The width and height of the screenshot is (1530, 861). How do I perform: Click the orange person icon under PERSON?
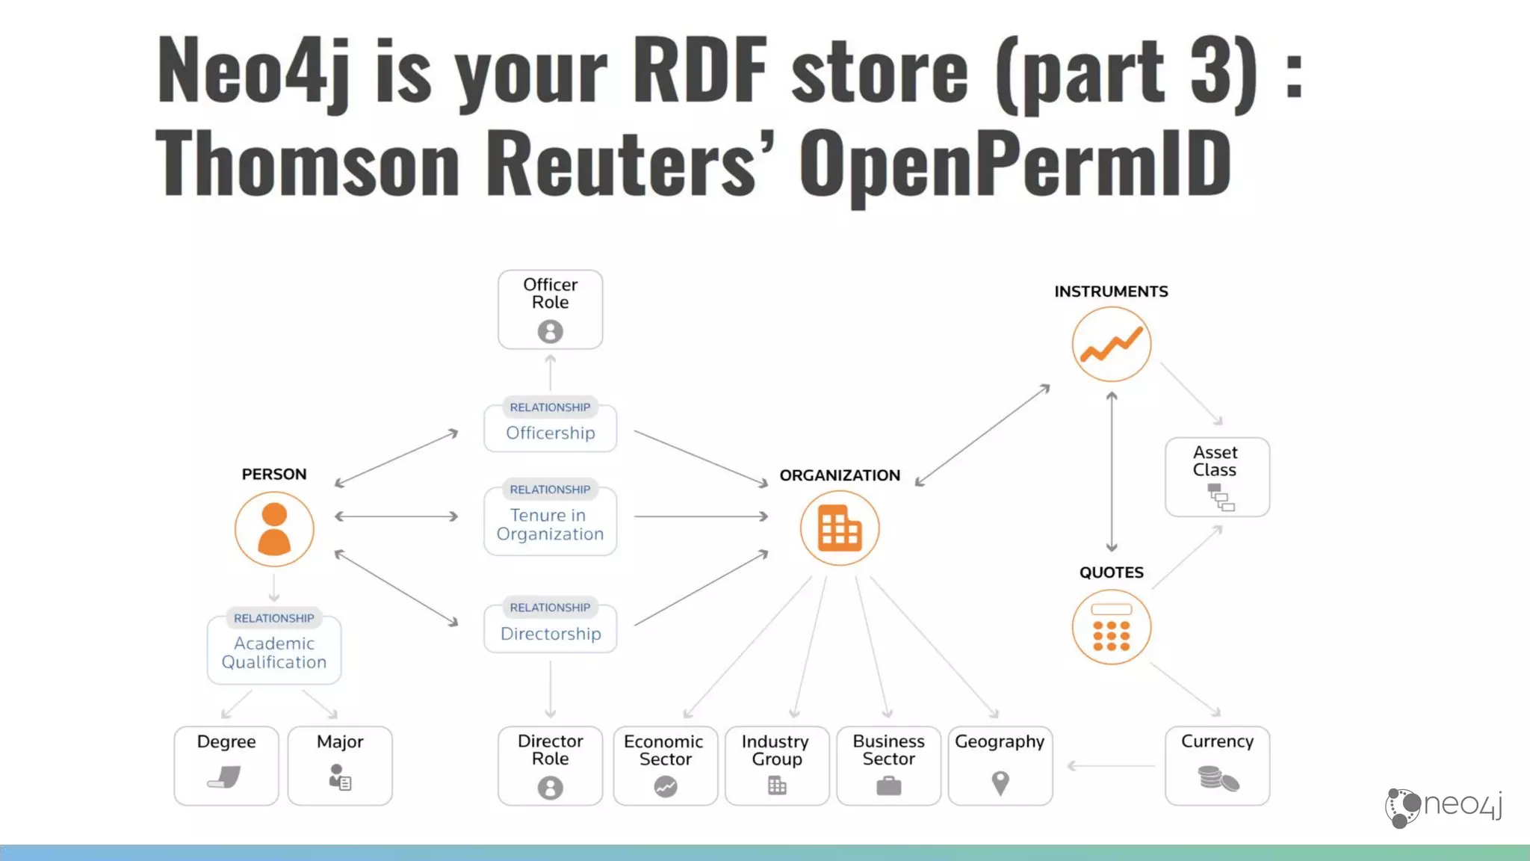point(274,529)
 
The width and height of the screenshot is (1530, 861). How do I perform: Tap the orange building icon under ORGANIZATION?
point(840,528)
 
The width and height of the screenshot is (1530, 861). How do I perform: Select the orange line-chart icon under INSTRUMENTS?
point(1112,345)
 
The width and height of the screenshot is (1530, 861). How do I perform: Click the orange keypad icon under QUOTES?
point(1112,628)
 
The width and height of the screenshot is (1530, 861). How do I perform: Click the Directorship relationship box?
point(551,628)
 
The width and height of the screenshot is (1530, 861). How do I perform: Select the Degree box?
point(226,765)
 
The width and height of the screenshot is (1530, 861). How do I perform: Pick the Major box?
point(340,765)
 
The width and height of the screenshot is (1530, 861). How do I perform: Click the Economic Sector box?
point(665,765)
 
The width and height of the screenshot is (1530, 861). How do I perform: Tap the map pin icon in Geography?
point(1000,783)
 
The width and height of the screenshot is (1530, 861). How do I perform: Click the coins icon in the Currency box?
point(1218,779)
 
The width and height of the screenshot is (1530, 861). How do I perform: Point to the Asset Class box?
point(1217,477)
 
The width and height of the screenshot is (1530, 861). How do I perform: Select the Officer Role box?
point(551,309)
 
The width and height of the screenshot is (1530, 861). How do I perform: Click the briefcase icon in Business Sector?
point(888,786)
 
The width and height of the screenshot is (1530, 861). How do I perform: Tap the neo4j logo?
point(1443,806)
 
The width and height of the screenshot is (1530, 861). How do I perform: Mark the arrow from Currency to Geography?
point(1111,765)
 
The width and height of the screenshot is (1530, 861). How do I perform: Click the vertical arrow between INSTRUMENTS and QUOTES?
point(1112,472)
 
